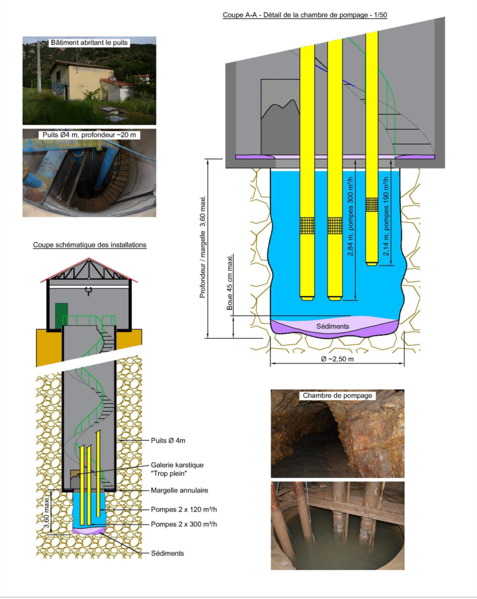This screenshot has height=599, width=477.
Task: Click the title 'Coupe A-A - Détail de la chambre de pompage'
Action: tap(304, 15)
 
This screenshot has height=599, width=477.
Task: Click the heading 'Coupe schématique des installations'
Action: tap(90, 245)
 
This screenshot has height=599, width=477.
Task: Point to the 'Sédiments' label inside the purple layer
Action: tap(332, 326)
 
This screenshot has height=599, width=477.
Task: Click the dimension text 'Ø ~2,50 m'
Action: tap(337, 359)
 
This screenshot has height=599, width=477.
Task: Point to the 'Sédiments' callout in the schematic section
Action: tap(167, 553)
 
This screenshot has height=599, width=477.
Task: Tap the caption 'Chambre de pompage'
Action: tap(337, 395)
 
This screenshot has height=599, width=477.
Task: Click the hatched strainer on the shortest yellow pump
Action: tap(372, 204)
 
